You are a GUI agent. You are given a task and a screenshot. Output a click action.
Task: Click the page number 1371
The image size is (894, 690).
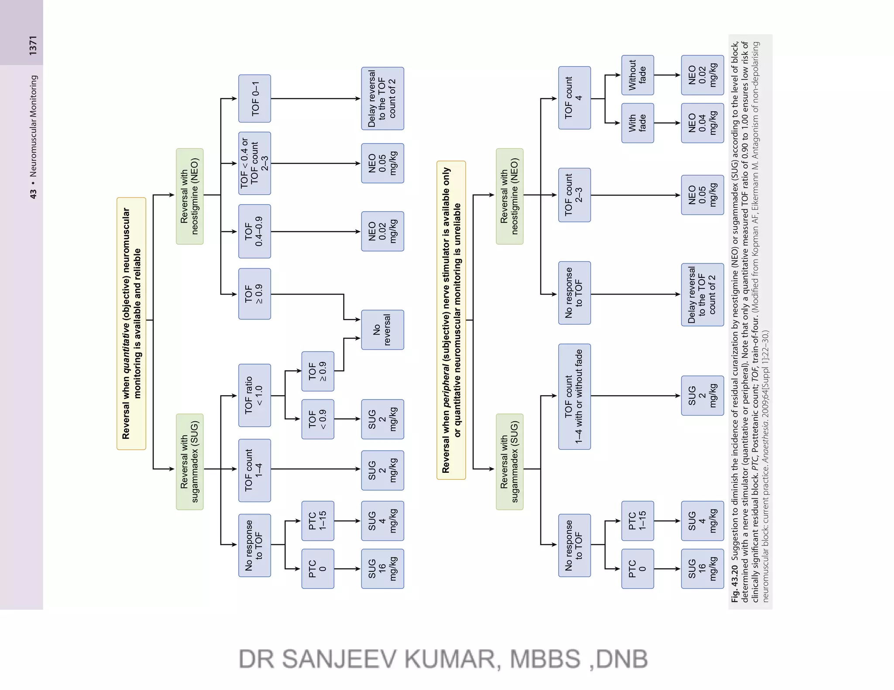[33, 45]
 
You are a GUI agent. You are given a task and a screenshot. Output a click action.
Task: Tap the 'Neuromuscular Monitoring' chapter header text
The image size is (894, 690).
[33, 126]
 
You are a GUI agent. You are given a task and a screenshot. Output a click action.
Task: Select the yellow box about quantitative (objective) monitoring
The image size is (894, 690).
[131, 323]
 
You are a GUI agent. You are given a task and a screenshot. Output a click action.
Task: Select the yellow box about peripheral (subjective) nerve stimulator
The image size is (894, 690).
[451, 320]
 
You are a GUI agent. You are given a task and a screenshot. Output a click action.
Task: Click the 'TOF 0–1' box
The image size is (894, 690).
[254, 99]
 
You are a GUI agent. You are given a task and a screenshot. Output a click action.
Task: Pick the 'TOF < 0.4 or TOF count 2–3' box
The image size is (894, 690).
[254, 163]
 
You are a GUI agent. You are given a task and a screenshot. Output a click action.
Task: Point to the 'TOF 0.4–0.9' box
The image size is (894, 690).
[254, 231]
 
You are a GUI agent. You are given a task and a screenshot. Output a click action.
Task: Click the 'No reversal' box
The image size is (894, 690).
[382, 330]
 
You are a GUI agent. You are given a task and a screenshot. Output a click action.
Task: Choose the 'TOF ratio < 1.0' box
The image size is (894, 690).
[254, 395]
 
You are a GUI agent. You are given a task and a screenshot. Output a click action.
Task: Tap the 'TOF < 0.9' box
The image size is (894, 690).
[318, 419]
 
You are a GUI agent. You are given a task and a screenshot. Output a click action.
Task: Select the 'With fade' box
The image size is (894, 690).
[637, 123]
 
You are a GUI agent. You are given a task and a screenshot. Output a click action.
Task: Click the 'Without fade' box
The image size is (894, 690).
[637, 75]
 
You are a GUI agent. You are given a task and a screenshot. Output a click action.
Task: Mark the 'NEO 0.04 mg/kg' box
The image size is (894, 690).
[702, 123]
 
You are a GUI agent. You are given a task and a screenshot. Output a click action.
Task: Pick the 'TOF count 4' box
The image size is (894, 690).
[574, 98]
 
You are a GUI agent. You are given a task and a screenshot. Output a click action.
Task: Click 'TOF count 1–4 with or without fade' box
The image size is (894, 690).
[574, 396]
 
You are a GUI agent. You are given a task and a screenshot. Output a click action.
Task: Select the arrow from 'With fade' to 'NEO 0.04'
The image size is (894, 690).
[667, 123]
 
